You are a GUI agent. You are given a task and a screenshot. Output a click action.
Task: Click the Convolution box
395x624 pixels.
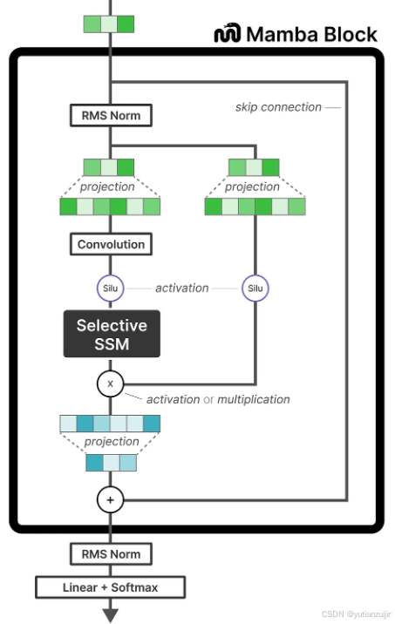111,244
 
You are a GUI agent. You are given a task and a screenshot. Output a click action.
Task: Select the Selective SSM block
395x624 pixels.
112,334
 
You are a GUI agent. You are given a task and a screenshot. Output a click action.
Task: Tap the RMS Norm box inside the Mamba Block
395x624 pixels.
111,115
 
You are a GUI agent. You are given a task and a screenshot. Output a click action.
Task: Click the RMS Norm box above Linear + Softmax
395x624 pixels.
111,554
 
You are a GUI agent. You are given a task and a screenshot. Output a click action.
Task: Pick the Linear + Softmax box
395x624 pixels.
110,587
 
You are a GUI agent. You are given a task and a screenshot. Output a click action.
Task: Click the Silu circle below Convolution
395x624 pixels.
110,288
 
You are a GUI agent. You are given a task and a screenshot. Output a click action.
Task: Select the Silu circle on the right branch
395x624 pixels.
255,288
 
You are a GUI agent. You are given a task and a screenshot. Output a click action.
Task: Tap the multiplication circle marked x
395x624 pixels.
110,383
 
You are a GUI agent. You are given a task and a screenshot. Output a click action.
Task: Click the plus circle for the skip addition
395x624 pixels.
110,500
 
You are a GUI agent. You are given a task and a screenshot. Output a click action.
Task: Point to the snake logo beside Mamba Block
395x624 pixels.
228,33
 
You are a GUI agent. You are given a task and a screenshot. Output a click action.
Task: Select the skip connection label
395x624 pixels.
278,107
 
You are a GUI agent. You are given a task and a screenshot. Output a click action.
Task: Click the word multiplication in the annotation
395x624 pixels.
254,399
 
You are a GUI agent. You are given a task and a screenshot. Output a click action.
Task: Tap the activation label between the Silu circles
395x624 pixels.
182,288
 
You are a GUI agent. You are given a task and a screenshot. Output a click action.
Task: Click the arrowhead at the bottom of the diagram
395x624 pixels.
111,615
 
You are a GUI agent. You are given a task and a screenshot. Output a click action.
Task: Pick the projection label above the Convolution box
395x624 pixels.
107,187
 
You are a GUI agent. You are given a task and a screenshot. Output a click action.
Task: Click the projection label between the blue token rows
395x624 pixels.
112,441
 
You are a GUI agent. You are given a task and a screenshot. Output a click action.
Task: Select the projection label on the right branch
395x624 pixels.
252,187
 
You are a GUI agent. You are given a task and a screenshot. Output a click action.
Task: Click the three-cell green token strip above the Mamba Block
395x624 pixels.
109,24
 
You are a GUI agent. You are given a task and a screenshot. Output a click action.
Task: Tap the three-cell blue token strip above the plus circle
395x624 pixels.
112,463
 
